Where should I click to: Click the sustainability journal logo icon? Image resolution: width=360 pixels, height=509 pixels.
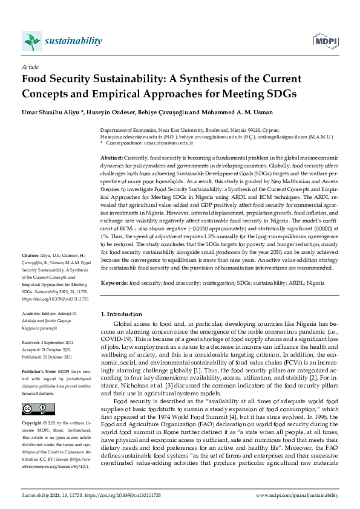coord(32,41)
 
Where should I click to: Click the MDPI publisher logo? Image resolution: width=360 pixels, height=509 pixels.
coord(325,41)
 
